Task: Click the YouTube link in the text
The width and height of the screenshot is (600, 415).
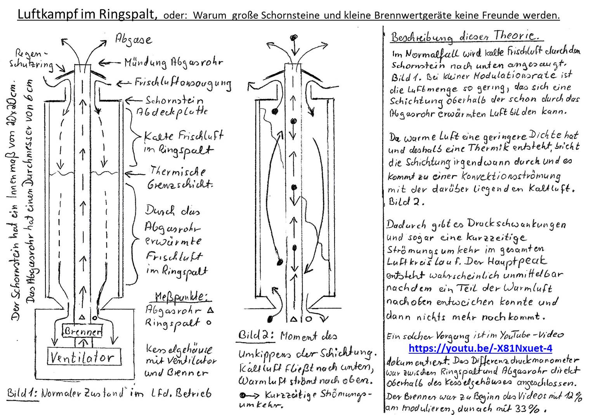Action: (480, 348)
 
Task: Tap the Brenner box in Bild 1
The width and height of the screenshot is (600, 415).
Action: (82, 331)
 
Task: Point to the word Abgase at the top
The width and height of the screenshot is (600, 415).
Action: (134, 39)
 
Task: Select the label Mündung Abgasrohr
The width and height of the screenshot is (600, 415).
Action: (174, 63)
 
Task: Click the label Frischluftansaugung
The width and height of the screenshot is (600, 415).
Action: (182, 83)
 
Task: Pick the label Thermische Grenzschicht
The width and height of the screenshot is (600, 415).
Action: (179, 177)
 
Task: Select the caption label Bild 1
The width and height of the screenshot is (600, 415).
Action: (22, 393)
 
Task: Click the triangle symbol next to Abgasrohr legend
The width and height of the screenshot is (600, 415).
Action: (211, 310)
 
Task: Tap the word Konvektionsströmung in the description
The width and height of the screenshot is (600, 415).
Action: (511, 176)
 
